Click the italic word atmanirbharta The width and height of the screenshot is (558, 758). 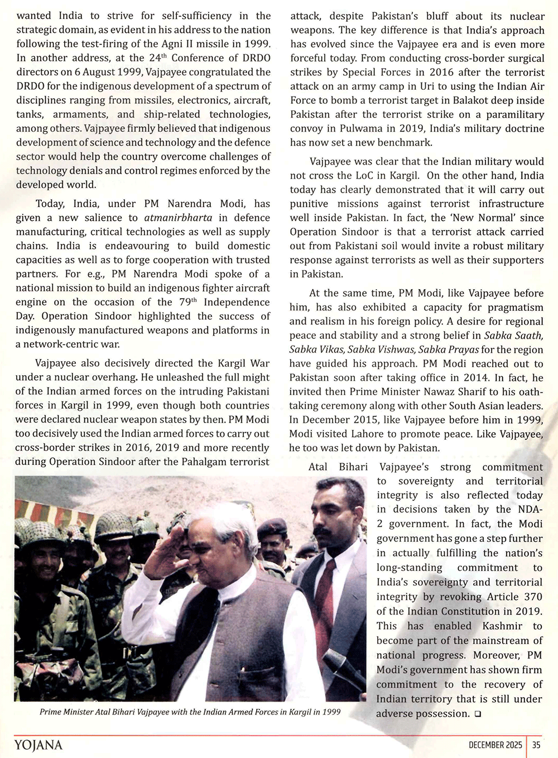[178, 218]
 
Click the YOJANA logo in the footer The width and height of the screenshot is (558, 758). [39, 745]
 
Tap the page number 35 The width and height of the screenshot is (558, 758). [536, 745]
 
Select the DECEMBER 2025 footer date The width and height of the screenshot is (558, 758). [495, 745]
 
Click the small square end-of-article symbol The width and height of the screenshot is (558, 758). [478, 714]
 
